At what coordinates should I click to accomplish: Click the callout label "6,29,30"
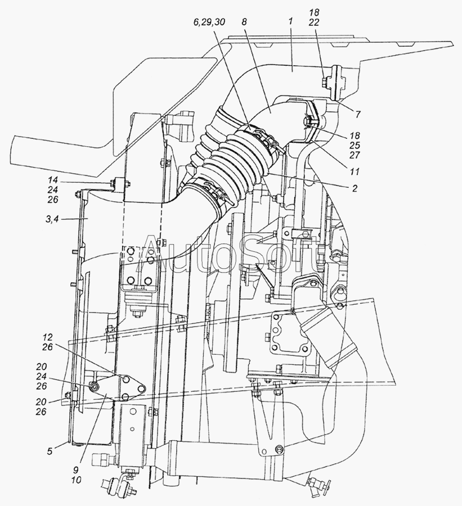coord(209,22)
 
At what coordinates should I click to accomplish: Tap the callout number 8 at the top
coord(244,22)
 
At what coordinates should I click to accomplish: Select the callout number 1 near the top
coord(290,22)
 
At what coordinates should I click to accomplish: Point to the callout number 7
coord(358,114)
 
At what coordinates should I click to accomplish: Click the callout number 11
coord(355,171)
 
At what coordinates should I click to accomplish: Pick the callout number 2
coord(355,188)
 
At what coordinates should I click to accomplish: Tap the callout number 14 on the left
coord(53,180)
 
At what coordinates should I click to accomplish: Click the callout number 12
coord(47,337)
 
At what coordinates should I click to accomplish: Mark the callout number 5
coord(49,451)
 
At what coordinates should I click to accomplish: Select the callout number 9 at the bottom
coord(77,470)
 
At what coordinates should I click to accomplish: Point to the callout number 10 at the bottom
coord(77,480)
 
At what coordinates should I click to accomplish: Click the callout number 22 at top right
coord(313,22)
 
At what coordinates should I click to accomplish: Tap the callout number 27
coord(355,155)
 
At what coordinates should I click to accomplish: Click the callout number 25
coord(355,145)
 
